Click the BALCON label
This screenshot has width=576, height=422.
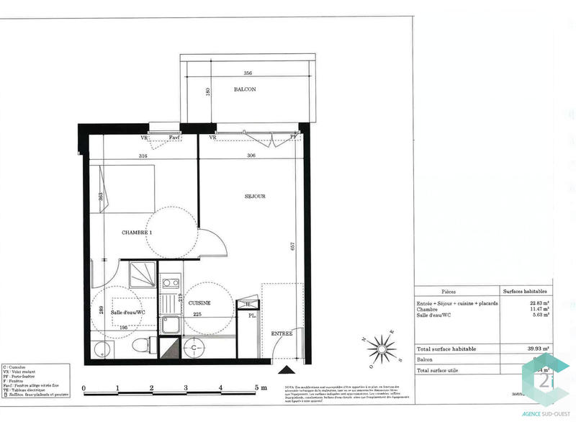click(x=245, y=89)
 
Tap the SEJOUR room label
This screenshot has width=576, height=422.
click(x=255, y=196)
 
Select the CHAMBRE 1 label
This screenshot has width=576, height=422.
click(x=137, y=233)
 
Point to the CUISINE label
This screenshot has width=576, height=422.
click(x=199, y=303)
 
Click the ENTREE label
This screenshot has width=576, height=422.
click(x=282, y=334)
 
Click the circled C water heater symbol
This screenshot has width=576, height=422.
click(x=194, y=347)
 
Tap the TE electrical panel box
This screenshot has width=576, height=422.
click(x=248, y=305)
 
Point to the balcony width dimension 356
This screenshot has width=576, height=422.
click(x=248, y=73)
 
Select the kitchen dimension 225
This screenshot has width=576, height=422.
click(x=197, y=314)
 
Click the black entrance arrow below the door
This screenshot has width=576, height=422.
click(x=287, y=370)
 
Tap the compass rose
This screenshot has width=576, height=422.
click(x=380, y=349)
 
